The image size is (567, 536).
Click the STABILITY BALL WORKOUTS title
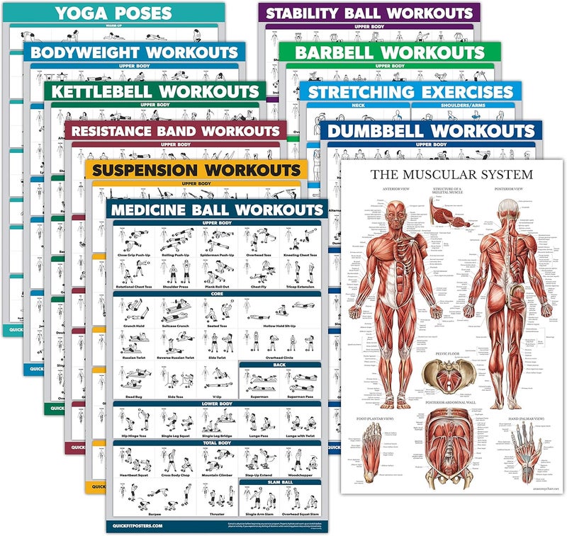(x=369, y=13)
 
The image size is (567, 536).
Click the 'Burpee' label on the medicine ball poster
(x=134, y=513)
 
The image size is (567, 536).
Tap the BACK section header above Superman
(x=279, y=365)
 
